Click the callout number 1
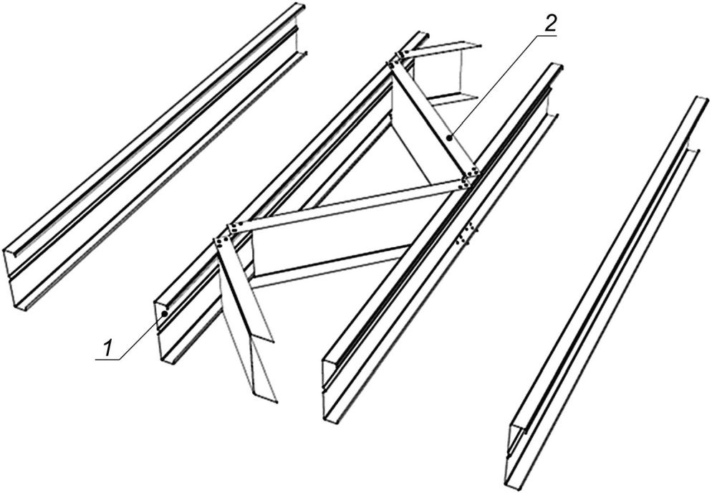coord(107,348)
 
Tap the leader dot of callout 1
coord(165,313)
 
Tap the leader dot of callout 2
coord(449,137)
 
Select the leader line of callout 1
coord(142,336)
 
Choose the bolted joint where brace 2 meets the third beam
coord(469,177)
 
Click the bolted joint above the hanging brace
coord(228,235)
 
